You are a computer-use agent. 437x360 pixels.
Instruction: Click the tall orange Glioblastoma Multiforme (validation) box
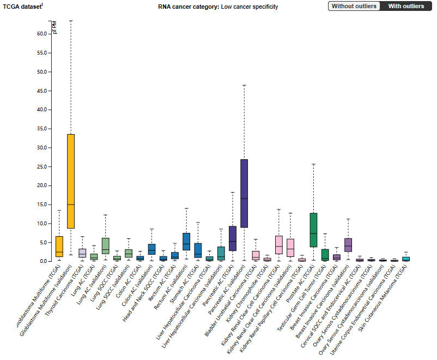click(x=70, y=180)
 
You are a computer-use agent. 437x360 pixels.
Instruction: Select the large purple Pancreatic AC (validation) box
click(x=244, y=193)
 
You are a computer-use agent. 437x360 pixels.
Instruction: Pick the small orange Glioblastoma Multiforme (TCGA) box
click(x=59, y=246)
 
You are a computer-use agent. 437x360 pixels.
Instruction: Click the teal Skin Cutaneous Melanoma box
click(x=405, y=259)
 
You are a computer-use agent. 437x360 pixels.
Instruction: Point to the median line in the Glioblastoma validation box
click(x=70, y=205)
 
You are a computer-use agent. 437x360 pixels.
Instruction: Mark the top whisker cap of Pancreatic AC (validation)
click(x=244, y=85)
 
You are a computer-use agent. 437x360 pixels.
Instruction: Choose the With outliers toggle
click(x=406, y=6)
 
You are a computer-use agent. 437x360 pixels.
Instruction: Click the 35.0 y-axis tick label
click(x=41, y=129)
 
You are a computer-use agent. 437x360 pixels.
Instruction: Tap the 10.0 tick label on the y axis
click(x=41, y=224)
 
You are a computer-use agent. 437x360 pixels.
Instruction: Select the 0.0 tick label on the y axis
click(x=44, y=261)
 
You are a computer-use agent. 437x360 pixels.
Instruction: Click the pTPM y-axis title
click(x=54, y=29)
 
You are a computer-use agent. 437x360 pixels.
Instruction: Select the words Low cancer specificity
click(x=250, y=7)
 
